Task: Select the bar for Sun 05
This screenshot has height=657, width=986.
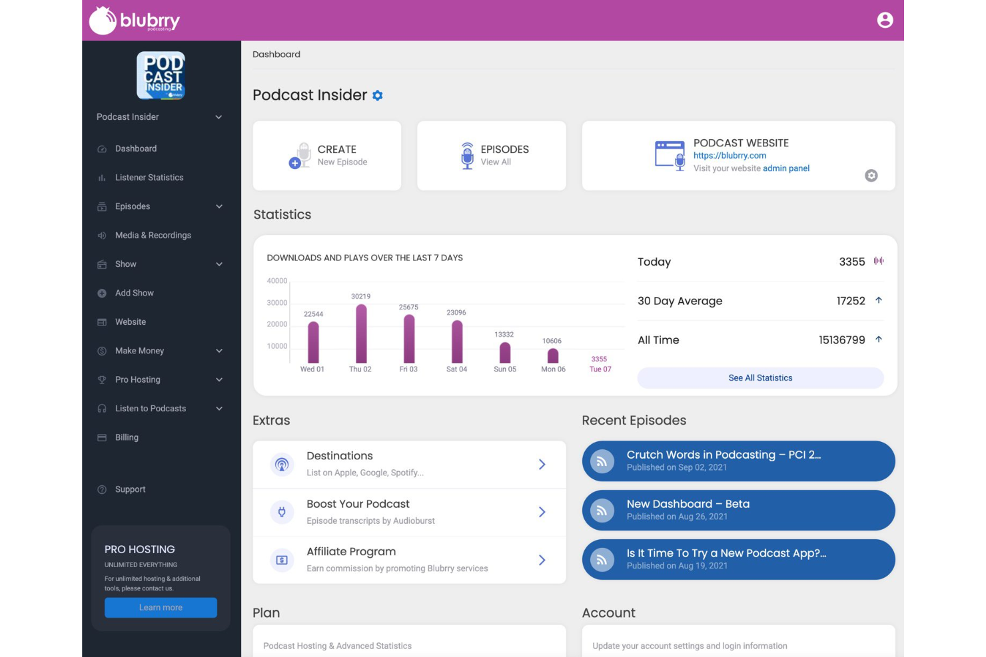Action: (x=505, y=353)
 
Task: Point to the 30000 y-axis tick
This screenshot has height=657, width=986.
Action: (x=277, y=303)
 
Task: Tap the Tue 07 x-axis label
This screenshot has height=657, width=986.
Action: (x=600, y=369)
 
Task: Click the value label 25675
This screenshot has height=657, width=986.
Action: (x=408, y=308)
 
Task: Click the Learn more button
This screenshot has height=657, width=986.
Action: (x=161, y=608)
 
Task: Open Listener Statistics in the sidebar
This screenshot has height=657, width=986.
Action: (x=149, y=178)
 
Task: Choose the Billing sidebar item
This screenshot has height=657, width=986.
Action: (x=127, y=437)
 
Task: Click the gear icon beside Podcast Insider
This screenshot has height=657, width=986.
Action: (x=378, y=96)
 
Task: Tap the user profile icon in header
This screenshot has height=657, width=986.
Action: (x=885, y=21)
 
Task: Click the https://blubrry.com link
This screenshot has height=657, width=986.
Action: (x=730, y=156)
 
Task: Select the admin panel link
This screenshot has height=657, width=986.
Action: (x=786, y=168)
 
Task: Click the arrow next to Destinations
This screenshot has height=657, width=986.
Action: (x=542, y=465)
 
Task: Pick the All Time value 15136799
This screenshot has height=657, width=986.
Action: (x=841, y=340)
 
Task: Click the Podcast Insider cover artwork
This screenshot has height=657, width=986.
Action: (x=161, y=76)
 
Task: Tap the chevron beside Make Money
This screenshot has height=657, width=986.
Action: (x=219, y=351)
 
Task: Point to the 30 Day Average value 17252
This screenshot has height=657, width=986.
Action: (x=851, y=301)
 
